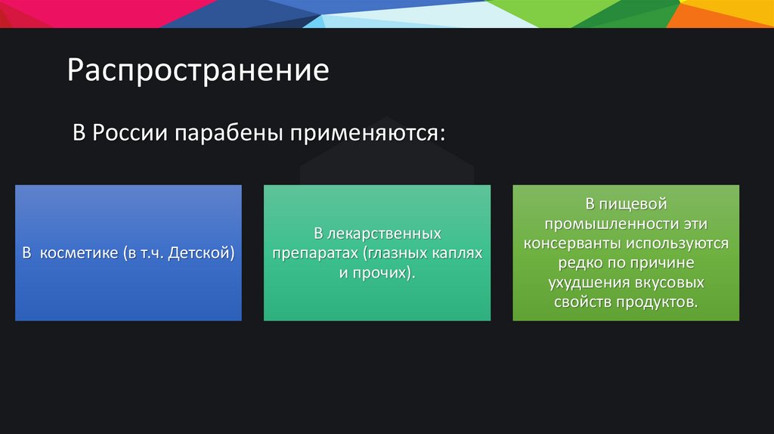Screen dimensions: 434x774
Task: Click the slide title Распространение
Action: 198,71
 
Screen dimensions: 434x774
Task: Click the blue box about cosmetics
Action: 128,295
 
